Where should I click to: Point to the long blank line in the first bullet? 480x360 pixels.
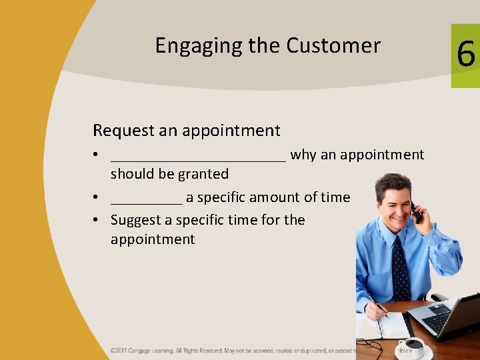pyautogui.click(x=198, y=159)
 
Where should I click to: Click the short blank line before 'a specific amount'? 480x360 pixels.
pyautogui.click(x=146, y=201)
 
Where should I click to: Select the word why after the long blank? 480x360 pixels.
pyautogui.click(x=303, y=155)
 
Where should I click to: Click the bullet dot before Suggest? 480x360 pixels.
pyautogui.click(x=97, y=221)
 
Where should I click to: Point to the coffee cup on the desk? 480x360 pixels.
pyautogui.click(x=413, y=347)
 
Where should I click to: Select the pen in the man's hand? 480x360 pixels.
pyautogui.click(x=377, y=305)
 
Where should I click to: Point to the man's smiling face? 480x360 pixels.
pyautogui.click(x=393, y=203)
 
